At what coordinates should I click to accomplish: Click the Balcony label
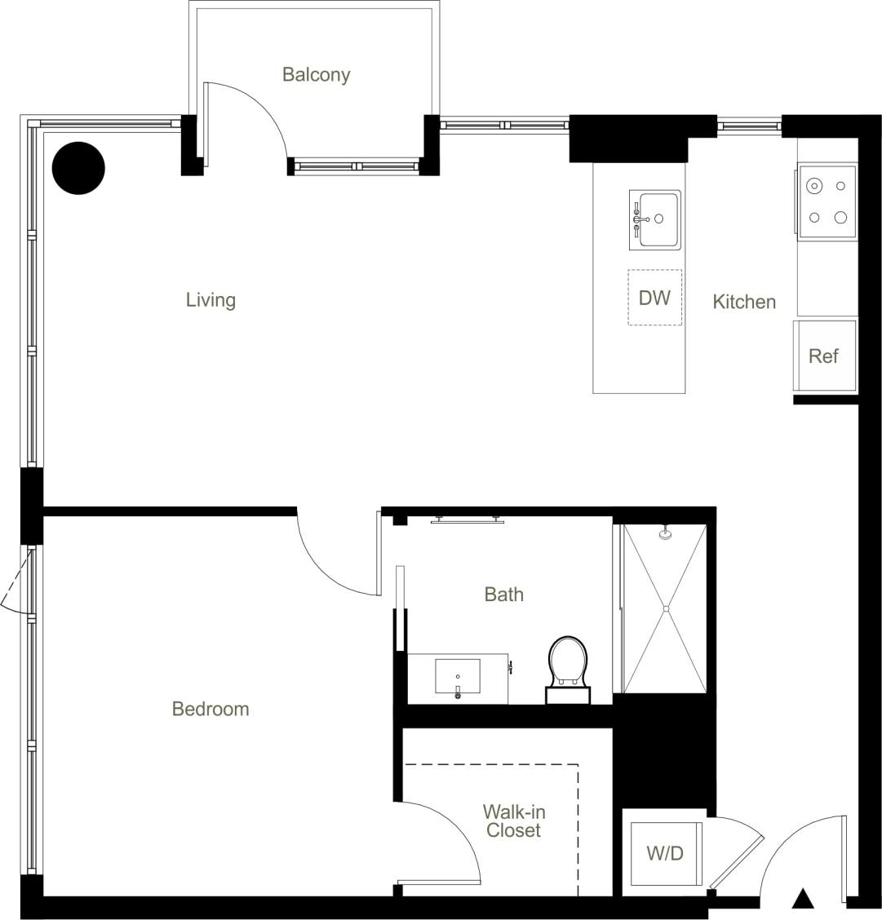tap(316, 75)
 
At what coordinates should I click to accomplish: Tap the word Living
tap(211, 300)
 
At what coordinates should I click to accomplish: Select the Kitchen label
tap(743, 302)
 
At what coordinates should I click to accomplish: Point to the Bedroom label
tap(210, 709)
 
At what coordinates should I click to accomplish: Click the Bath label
tap(503, 595)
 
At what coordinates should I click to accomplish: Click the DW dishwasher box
tap(654, 298)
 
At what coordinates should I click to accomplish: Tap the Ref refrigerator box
tap(824, 356)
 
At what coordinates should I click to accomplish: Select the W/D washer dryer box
tap(665, 854)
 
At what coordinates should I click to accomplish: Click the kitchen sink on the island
tap(654, 219)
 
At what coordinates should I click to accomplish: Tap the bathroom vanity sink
tap(457, 678)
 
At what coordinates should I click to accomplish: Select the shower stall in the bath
tap(665, 609)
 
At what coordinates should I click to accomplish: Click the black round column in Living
tap(78, 168)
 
